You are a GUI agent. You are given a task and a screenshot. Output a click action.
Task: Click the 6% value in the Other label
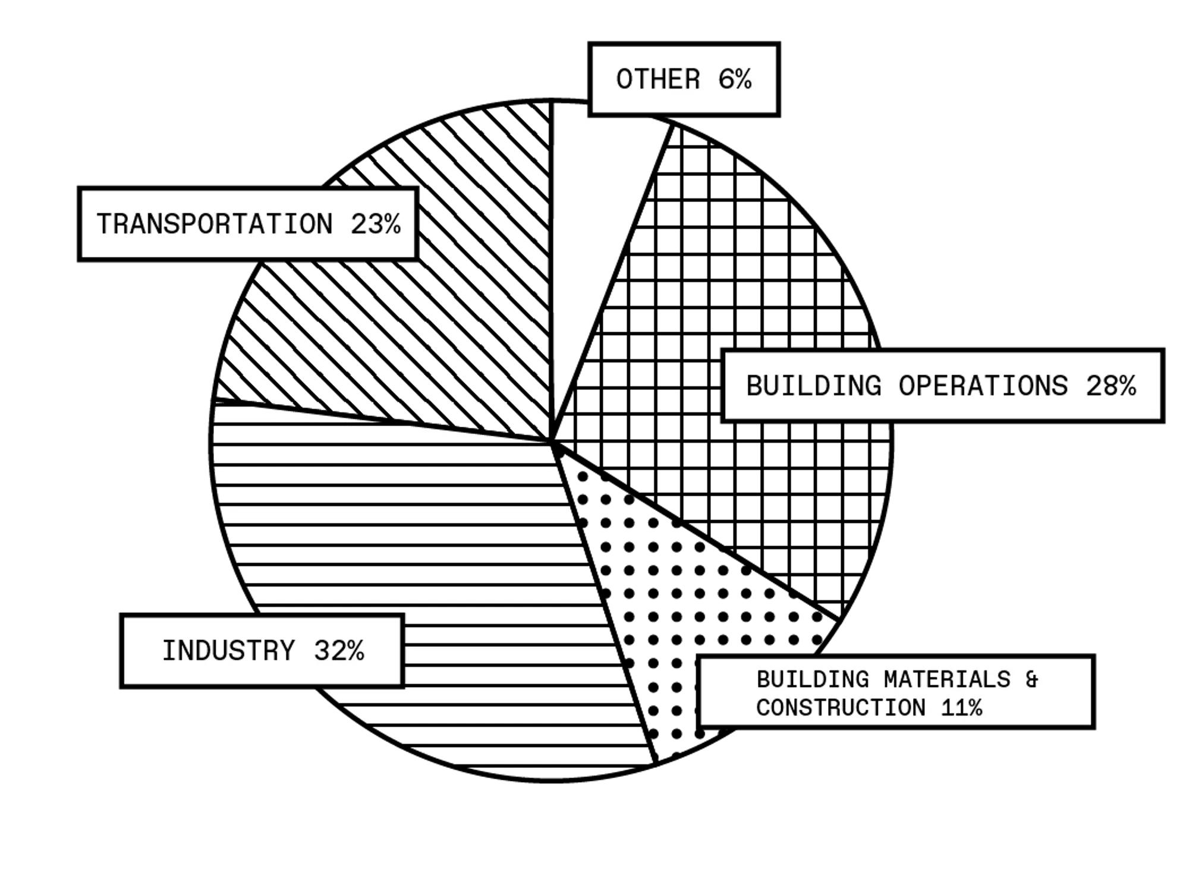735,80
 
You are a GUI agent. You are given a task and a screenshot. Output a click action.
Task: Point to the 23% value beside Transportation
376,224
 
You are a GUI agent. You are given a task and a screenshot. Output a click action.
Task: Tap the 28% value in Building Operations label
1111,386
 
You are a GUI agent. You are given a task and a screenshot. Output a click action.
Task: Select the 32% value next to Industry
339,650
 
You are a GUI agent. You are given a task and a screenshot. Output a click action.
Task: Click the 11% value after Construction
962,708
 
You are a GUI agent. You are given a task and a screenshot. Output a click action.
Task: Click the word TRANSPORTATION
215,224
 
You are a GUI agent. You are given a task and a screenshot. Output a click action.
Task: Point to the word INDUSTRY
229,650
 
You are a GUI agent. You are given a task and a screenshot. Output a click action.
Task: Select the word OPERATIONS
983,386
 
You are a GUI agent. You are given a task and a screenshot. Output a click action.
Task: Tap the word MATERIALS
947,679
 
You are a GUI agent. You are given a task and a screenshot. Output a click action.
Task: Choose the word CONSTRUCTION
841,708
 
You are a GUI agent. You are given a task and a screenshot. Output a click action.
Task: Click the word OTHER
659,80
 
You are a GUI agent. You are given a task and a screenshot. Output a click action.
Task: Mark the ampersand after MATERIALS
1032,679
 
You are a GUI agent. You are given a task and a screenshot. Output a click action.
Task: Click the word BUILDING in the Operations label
814,386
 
